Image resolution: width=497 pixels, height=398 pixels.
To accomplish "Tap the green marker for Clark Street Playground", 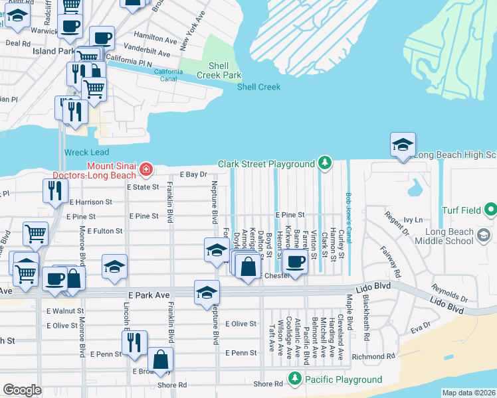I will coord(324,163).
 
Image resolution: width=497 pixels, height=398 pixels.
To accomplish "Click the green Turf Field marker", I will coord(490,211).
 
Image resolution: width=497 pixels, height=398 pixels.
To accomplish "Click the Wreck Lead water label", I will coord(86,152).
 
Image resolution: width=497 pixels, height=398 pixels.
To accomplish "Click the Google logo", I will coord(22,390).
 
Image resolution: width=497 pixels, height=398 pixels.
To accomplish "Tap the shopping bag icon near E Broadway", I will coord(160,360).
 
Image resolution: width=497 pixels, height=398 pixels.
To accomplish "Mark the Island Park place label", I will coord(54,50).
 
